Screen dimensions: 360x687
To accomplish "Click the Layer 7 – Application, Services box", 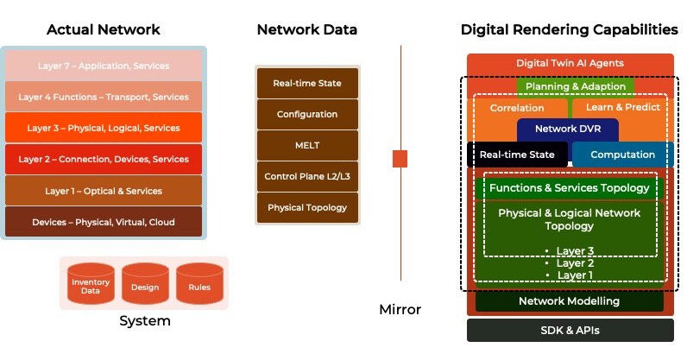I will click(104, 66).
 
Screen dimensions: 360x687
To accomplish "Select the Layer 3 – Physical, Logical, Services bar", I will click(104, 128).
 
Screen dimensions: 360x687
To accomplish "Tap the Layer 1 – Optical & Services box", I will click(104, 191).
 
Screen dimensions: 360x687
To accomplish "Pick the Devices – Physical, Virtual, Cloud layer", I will click(104, 222).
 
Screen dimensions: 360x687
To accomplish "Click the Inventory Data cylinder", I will click(91, 286).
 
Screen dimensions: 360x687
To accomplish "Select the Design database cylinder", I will click(145, 286).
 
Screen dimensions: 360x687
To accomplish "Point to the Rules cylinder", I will click(199, 286).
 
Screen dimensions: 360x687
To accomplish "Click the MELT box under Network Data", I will click(306, 145).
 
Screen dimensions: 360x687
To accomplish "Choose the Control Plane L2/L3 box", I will click(306, 176).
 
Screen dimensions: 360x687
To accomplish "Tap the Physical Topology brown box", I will click(306, 207).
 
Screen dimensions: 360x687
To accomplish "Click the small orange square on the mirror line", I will click(400, 159).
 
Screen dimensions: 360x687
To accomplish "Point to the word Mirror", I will click(400, 309).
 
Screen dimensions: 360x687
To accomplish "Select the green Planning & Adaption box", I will click(576, 86).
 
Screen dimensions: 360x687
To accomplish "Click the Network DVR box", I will click(568, 129).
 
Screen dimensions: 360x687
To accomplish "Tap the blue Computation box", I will click(623, 155).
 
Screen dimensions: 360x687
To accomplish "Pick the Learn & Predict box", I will click(622, 108).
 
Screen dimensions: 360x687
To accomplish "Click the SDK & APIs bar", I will click(570, 330).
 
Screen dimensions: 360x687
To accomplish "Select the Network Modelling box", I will click(569, 301).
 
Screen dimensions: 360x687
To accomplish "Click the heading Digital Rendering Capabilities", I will click(569, 29).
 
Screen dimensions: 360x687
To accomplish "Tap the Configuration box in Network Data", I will click(306, 114).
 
